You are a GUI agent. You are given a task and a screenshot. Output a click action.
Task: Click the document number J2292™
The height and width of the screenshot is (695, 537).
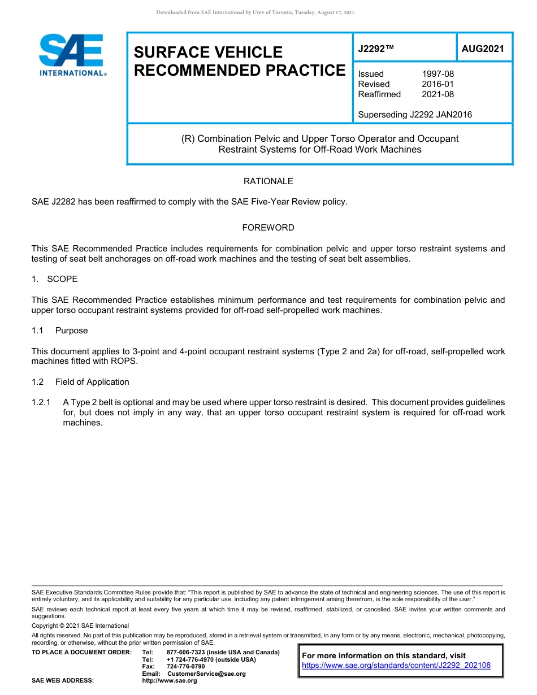375,49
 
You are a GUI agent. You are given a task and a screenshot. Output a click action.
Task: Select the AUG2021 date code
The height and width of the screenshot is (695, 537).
482,49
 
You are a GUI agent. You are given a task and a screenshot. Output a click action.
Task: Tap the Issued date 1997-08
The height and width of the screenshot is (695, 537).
438,74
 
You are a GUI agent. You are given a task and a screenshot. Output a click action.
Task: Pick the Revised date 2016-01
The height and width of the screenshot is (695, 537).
438,84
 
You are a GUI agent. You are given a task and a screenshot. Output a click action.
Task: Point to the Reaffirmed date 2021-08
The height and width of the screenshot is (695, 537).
438,94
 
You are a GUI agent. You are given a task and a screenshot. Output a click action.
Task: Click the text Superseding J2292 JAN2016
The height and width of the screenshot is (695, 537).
415,115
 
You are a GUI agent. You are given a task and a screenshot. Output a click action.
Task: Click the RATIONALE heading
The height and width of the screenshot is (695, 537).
268,181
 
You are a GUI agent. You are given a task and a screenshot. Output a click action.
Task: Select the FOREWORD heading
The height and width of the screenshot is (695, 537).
268,228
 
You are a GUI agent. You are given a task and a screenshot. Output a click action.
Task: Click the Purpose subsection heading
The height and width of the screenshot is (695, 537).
71,331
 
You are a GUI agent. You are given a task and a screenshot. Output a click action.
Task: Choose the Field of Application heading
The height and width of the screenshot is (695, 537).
92,382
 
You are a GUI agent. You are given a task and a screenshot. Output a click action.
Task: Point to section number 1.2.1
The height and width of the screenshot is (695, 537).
41,402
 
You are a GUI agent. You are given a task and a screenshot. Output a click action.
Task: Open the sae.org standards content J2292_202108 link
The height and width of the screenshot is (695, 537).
396,666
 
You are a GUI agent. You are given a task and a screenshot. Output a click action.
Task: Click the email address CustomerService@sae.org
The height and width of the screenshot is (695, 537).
206,674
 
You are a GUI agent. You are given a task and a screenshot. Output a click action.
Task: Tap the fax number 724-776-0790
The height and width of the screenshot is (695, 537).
186,667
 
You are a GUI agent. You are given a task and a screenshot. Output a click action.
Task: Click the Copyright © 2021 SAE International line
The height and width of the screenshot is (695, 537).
80,625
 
